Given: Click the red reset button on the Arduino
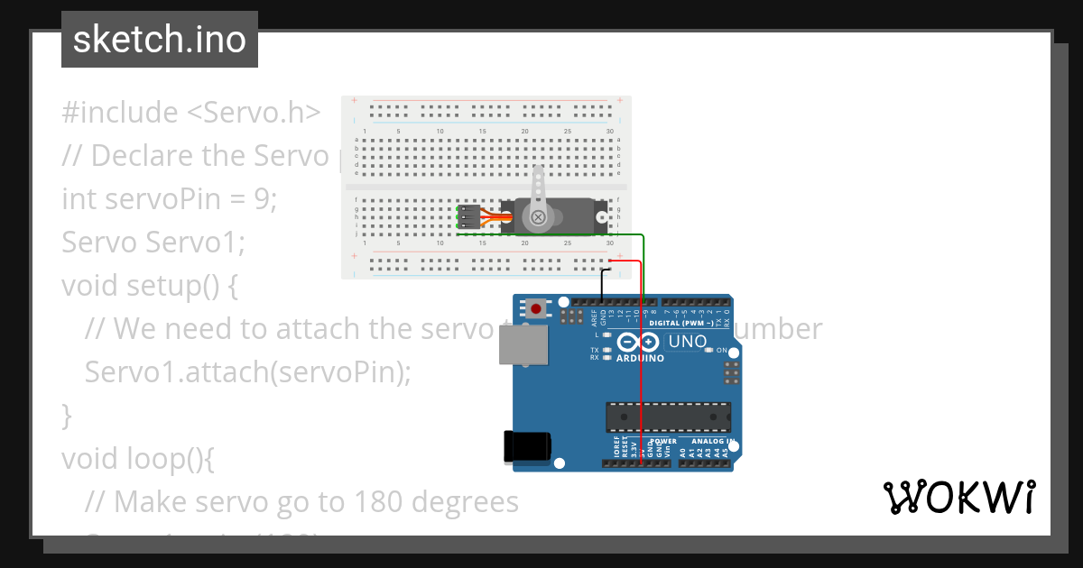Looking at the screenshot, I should pos(537,309).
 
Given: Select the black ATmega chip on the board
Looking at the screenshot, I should pos(668,417).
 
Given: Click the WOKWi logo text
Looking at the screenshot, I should pos(958,497).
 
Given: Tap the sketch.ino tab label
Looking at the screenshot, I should pos(160,40).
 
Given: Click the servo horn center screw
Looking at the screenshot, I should pos(539,216).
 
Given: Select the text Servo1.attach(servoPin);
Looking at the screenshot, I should pos(247,371).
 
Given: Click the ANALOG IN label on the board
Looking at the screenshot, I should pos(713,442).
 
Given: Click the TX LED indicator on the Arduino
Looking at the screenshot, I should pos(607,350).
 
